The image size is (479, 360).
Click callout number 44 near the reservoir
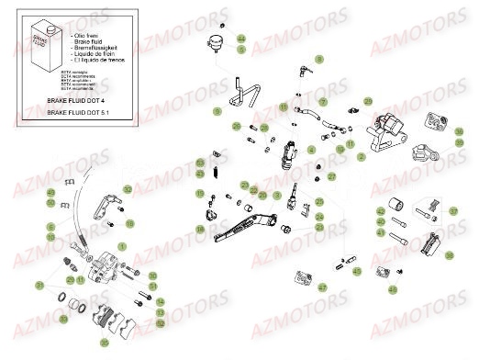pos(241,39)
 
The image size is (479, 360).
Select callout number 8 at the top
pos(320,58)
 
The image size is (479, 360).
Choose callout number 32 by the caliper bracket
pos(128,190)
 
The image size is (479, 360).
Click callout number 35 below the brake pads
pos(105,342)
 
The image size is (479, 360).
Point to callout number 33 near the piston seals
pos(40,286)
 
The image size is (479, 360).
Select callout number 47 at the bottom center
pos(322,287)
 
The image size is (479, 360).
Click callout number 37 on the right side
pos(451,211)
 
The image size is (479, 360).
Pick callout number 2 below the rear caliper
pos(362,157)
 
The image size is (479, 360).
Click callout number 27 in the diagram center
pos(332,176)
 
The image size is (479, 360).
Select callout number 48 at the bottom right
pos(393,289)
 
